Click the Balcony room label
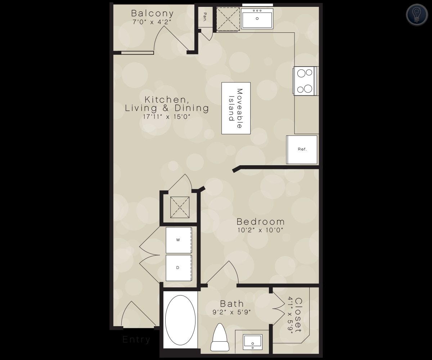153,13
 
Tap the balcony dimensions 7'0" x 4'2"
152,22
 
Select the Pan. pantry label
205,17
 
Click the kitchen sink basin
257,19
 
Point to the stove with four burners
305,81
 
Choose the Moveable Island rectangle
236,108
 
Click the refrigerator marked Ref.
302,150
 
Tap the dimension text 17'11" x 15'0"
167,117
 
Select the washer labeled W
179,240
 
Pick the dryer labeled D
179,268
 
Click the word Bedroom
261,222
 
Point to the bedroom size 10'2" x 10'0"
260,230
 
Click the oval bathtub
180,320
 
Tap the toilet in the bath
220,337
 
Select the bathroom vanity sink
253,342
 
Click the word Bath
232,304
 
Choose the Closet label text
298,315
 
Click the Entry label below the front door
136,339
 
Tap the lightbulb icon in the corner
417,15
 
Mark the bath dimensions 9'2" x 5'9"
232,312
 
